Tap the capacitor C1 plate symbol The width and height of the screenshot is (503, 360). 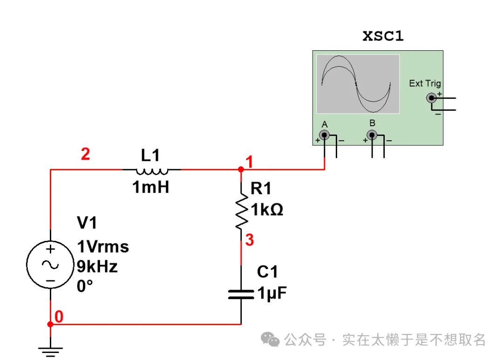241,294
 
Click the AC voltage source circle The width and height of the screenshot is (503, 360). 50,265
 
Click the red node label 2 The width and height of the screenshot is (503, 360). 85,154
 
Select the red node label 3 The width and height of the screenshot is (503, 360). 250,241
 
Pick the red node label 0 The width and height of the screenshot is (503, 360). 59,317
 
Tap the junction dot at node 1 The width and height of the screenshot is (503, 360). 241,170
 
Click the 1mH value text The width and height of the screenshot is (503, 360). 150,188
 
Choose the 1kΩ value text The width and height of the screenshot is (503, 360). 267,210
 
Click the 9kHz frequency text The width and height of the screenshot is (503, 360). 97,267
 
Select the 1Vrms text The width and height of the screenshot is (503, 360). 103,247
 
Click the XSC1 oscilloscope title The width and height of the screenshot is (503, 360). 383,37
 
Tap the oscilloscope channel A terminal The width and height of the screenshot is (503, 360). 324,135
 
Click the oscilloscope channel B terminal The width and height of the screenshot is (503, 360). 372,135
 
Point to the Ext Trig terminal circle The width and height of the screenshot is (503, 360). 432,98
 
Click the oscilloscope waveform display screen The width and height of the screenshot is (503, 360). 358,84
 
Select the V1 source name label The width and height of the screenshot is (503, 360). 87,223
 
